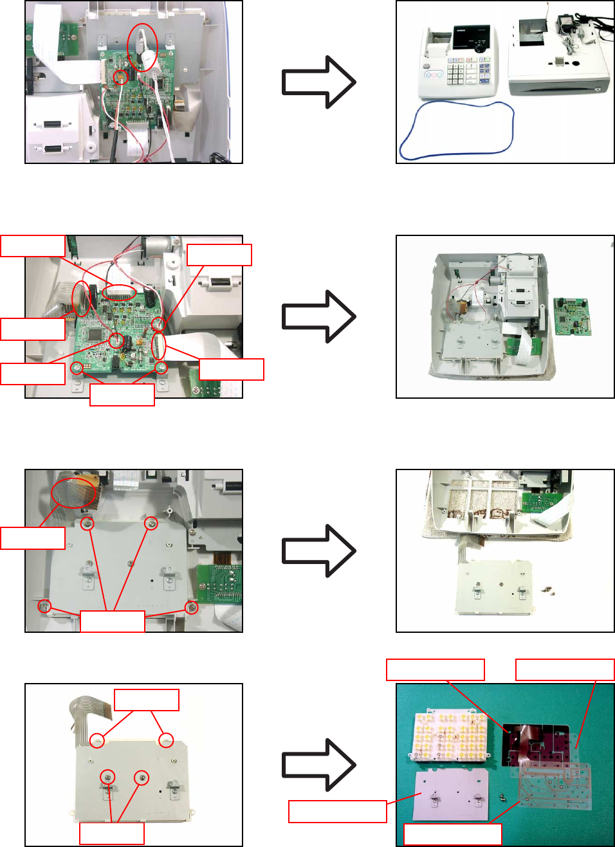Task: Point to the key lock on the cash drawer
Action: pos(600,88)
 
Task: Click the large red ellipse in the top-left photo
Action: pos(142,47)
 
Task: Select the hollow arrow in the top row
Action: pos(318,82)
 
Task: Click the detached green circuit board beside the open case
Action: pos(572,316)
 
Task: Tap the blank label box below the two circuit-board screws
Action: pos(122,394)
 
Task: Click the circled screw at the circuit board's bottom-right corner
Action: pos(161,368)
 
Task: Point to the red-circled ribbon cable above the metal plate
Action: pos(73,491)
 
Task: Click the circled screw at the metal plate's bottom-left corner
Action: pos(44,606)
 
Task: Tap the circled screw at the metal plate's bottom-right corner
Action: pos(191,607)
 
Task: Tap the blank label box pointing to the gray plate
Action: pos(337,811)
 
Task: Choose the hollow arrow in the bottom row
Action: pos(318,765)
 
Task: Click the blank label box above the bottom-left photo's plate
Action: pos(146,700)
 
